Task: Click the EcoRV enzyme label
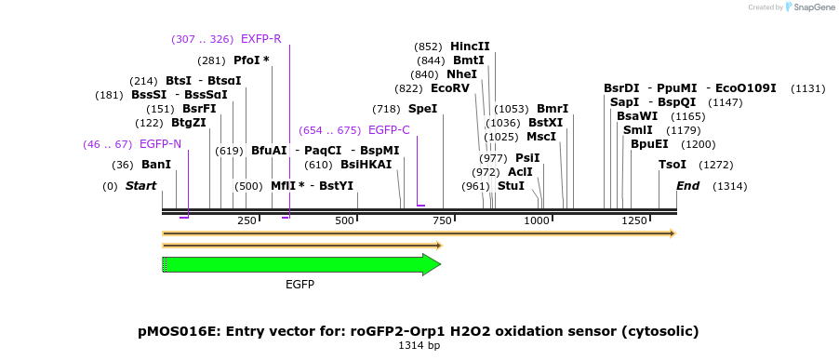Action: [450, 88]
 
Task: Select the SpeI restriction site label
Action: [422, 109]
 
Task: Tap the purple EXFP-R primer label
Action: [261, 38]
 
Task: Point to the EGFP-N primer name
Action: [161, 144]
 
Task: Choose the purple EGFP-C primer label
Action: [390, 130]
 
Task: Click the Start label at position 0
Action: [140, 186]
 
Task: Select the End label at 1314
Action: [688, 186]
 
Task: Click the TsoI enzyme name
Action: [673, 165]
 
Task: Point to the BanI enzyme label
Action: [156, 165]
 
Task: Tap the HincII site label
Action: [470, 47]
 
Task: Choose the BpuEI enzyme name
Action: [649, 144]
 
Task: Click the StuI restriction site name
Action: [511, 186]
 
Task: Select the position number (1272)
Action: [716, 165]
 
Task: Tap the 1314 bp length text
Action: [419, 345]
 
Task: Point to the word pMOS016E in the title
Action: [179, 332]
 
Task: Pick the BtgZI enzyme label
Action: [188, 123]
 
